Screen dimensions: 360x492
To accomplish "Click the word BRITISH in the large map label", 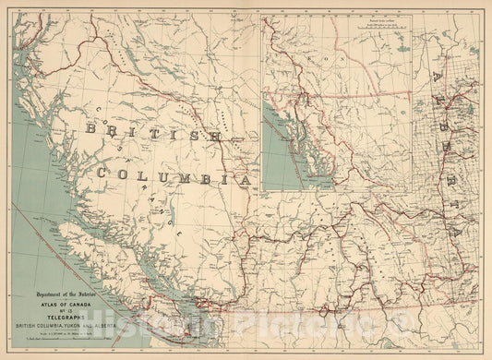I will pos(152,135).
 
